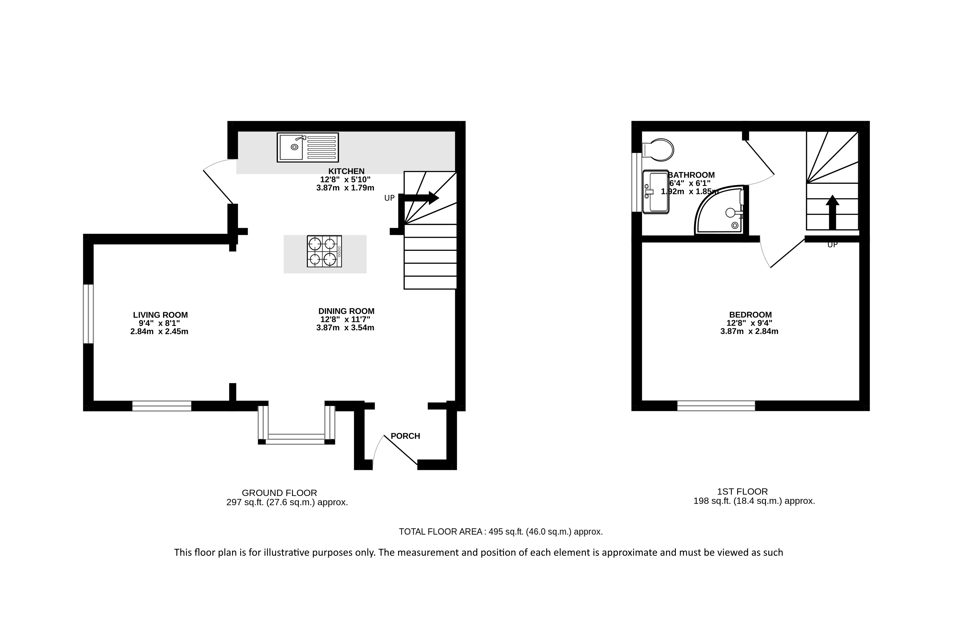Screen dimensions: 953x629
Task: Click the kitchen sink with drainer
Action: point(308,148)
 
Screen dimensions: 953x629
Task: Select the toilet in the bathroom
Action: point(658,150)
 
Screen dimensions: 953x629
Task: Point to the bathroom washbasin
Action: point(655,191)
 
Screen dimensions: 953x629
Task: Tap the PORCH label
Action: point(405,436)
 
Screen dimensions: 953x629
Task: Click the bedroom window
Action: point(716,406)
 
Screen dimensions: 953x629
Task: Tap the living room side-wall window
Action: point(88,314)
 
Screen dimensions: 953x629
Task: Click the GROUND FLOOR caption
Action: point(279,493)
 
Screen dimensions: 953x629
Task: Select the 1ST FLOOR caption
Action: point(742,491)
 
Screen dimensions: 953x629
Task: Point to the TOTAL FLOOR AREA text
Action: point(501,532)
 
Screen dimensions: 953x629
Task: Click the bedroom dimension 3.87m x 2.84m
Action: point(749,331)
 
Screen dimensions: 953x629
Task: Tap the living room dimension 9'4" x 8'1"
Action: point(159,323)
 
